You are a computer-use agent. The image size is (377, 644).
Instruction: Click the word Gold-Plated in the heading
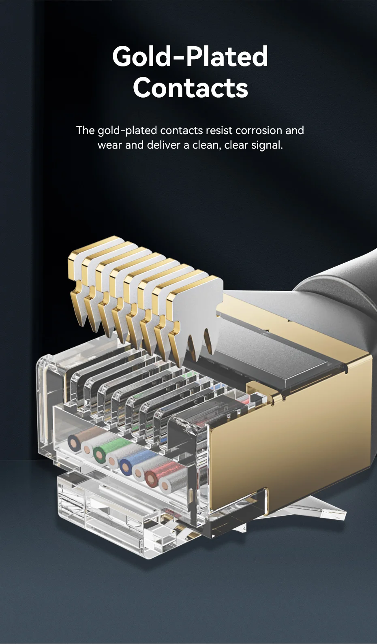pos(190,56)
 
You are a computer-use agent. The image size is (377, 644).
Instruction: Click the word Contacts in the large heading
pos(191,87)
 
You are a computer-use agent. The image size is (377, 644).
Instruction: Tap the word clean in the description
pos(207,145)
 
